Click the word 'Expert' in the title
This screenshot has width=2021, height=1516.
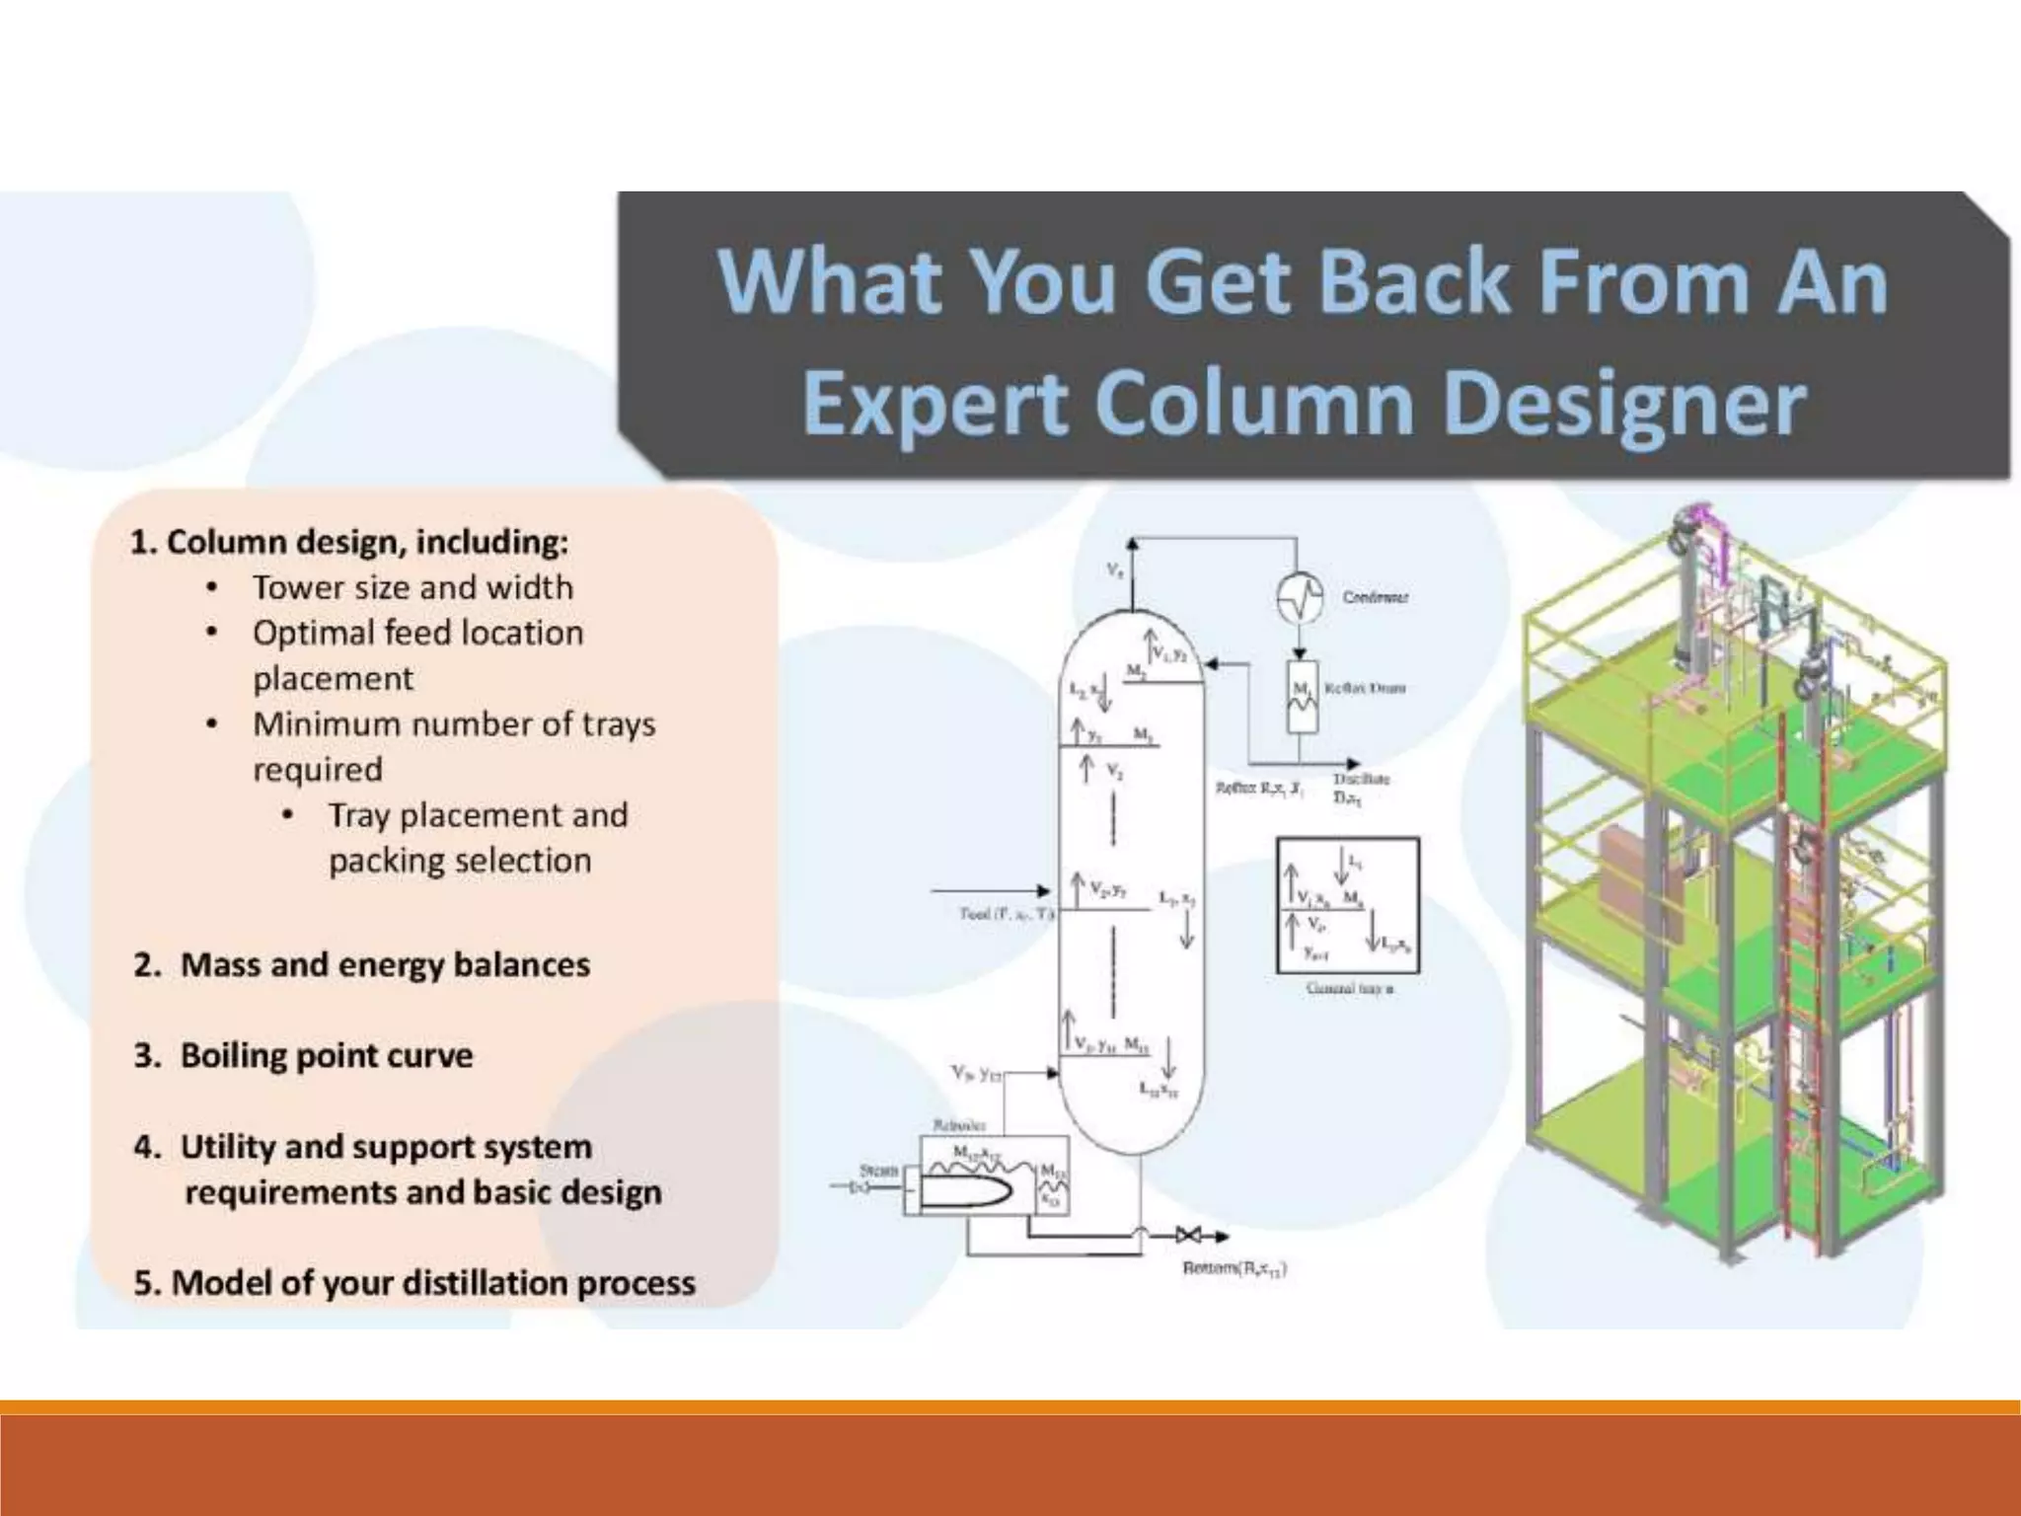click(936, 405)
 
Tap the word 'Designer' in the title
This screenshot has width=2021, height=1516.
click(1624, 405)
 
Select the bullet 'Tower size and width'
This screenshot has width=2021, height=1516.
click(412, 587)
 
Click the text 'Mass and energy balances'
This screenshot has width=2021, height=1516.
click(385, 964)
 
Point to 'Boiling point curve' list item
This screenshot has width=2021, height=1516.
click(326, 1055)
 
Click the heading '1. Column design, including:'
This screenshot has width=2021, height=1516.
click(349, 542)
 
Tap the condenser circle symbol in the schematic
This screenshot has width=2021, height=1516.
click(1300, 597)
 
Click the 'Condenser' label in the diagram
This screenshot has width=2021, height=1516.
click(1376, 597)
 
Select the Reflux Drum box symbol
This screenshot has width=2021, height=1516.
click(1302, 696)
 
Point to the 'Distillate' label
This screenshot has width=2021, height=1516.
click(1361, 779)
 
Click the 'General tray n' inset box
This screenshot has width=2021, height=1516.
click(1348, 906)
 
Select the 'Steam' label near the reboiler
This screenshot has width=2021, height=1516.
click(877, 1170)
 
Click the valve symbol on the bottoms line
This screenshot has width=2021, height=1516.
click(1188, 1236)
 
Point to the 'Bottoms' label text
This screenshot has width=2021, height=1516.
click(1234, 1268)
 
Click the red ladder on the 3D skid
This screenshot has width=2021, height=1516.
click(1802, 987)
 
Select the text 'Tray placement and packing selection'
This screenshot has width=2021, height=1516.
click(478, 838)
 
